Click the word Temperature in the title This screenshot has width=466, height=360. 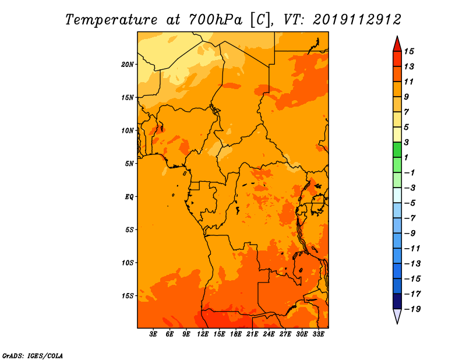coord(111,20)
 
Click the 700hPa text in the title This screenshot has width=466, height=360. coord(215,20)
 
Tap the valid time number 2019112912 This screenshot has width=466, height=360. coord(356,20)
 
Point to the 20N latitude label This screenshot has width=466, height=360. coord(128,65)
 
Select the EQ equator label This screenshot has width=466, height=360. coord(129,197)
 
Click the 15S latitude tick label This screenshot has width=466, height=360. coord(128,296)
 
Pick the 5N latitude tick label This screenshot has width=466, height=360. coord(129,164)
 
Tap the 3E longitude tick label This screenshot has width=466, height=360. coord(153,334)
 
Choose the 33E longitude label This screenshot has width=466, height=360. coord(318,334)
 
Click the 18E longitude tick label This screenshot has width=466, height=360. coord(236,334)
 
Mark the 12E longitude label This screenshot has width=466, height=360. coord(203,334)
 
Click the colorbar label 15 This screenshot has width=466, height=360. coord(409,51)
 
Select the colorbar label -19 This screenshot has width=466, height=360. coord(412,309)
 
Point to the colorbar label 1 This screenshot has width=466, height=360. coord(406,157)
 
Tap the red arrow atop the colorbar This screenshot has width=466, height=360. coord(397,44)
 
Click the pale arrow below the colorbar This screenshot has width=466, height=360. coord(397,316)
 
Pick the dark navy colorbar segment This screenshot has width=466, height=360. coord(397,301)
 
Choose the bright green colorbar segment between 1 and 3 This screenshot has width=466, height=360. coord(397,150)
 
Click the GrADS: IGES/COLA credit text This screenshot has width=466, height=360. coord(33,356)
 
